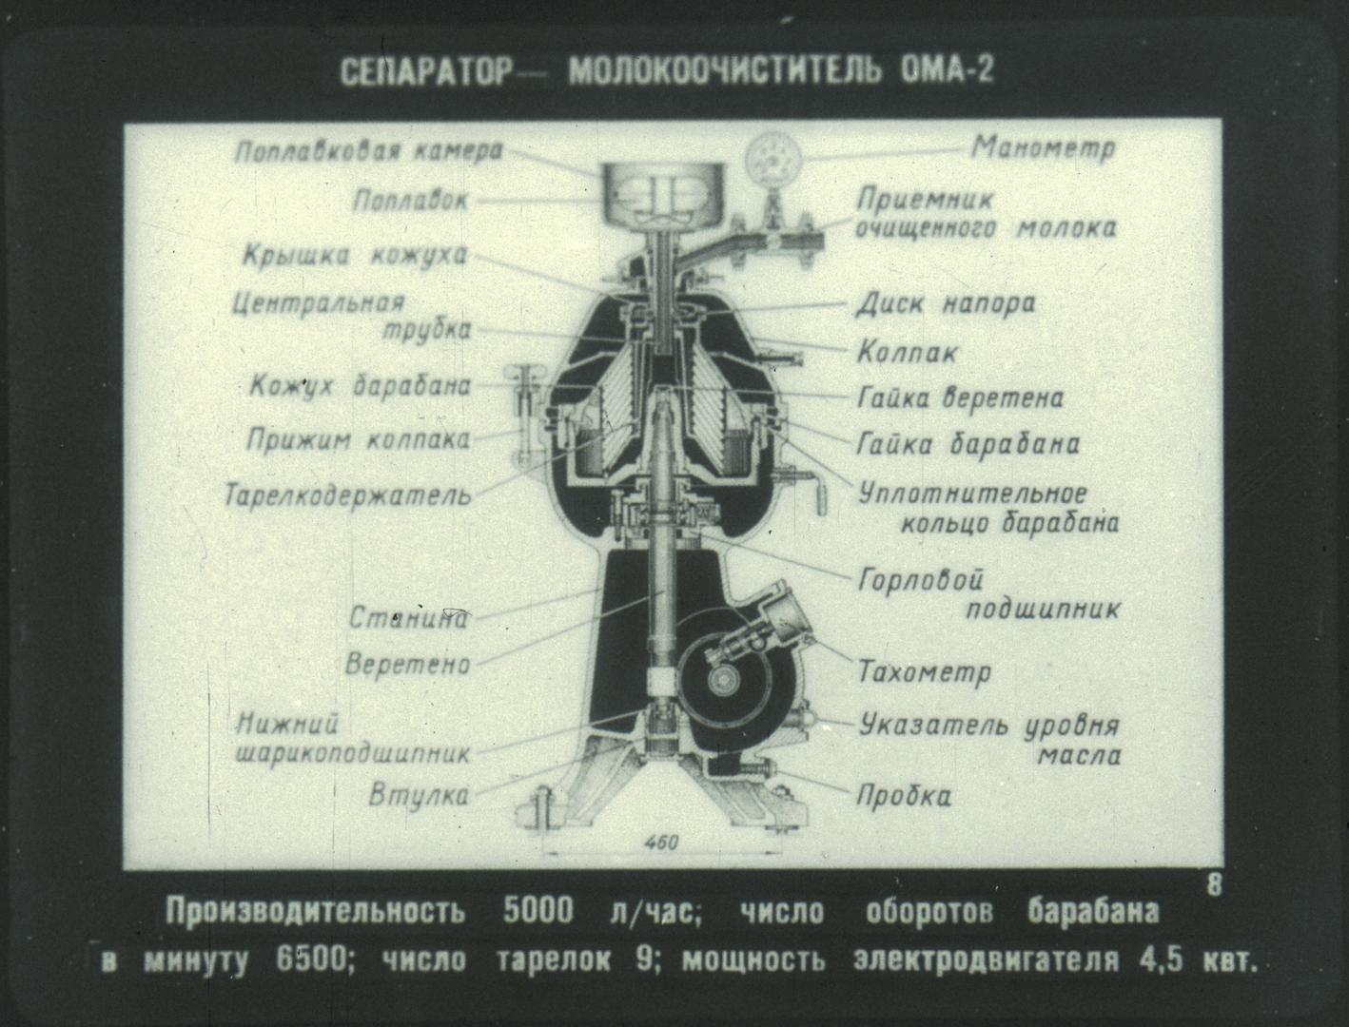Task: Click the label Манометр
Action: point(1044,148)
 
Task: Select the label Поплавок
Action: point(410,201)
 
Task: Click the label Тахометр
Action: point(924,671)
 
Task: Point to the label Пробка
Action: point(904,797)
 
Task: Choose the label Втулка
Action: point(419,795)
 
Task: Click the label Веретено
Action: point(407,664)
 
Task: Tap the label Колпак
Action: point(908,353)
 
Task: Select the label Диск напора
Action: point(946,304)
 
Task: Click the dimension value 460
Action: point(661,843)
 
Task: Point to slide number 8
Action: point(1214,885)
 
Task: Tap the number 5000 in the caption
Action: point(538,911)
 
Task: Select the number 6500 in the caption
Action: point(311,960)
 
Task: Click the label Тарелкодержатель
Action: point(347,495)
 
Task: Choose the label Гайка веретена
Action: point(960,398)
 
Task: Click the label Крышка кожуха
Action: point(355,256)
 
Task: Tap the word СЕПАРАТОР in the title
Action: point(426,72)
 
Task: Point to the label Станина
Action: point(409,617)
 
